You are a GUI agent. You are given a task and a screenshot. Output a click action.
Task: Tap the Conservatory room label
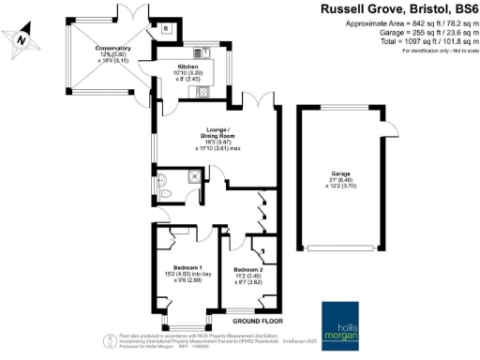coord(112,48)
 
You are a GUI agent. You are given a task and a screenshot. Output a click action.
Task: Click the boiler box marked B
coord(165,29)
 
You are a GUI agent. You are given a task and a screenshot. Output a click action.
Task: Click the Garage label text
coord(340,173)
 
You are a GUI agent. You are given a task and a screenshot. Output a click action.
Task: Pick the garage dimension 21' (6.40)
coord(339,180)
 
